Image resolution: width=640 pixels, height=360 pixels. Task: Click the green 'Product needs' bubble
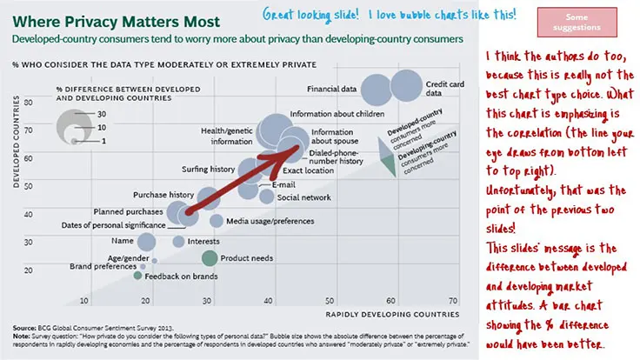[x=210, y=257]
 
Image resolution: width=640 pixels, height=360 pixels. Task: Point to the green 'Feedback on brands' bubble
[x=137, y=276]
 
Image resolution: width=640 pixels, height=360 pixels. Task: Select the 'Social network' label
[x=303, y=197]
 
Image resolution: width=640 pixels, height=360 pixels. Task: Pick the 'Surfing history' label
[x=208, y=169]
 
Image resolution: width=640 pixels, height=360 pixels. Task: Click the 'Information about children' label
[x=338, y=114]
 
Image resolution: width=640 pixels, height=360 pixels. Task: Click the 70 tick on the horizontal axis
[x=454, y=301]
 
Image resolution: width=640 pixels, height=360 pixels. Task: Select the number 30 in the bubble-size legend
[x=103, y=114]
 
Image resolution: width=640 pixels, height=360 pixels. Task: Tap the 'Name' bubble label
[x=123, y=241]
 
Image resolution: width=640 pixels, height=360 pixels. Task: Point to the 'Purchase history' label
[x=163, y=195]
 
